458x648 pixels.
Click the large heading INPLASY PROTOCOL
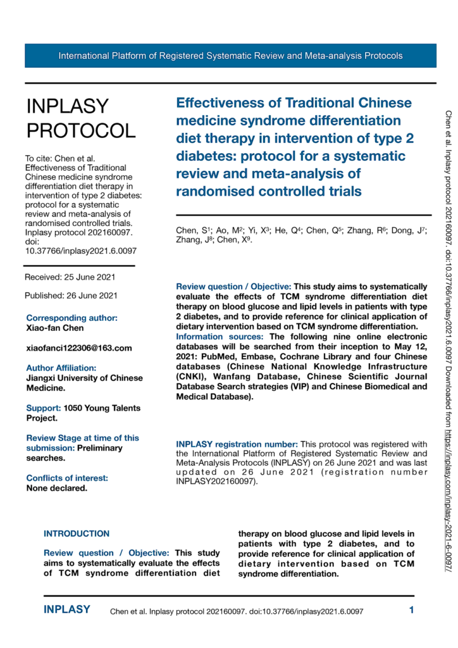(x=80, y=118)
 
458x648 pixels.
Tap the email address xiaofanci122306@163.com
(x=78, y=348)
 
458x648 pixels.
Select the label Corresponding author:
(x=71, y=318)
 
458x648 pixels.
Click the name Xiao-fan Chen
(x=56, y=328)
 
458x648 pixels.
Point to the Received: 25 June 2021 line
(x=70, y=277)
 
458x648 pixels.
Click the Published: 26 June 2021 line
(x=71, y=296)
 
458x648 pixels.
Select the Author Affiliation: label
(x=61, y=368)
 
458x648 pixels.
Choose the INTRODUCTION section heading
(x=77, y=533)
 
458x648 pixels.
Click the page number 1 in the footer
(x=411, y=611)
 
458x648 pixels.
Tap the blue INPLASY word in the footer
(x=67, y=610)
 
